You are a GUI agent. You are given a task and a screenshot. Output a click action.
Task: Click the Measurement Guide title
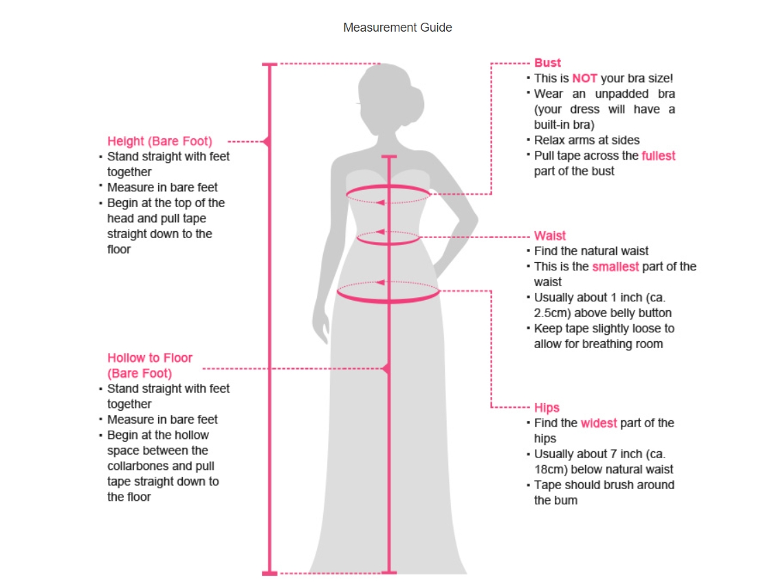(397, 28)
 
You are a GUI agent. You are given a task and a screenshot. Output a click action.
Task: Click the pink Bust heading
(547, 63)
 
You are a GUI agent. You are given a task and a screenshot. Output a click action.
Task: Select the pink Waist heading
(550, 236)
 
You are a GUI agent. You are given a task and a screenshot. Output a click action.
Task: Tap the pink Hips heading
(547, 407)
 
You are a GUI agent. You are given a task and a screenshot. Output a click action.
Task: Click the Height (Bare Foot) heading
(159, 141)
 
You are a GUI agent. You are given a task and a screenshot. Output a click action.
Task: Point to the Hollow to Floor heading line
(149, 358)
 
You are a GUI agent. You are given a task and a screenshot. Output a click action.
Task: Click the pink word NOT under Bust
(584, 78)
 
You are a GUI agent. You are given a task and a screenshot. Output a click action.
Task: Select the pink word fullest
(659, 156)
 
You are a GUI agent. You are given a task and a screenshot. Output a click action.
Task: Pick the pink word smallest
(615, 266)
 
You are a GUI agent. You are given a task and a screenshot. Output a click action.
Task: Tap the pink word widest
(599, 423)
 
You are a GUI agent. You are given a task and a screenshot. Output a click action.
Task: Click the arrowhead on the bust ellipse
(379, 202)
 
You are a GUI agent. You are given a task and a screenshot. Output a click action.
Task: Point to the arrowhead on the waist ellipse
(379, 232)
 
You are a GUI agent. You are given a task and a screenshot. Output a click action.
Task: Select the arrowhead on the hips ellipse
(379, 282)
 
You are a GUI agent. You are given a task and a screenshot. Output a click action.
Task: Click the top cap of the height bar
(269, 65)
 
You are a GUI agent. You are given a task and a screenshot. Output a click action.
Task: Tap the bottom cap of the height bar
(269, 572)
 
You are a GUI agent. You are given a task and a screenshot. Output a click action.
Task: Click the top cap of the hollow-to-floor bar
(389, 158)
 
